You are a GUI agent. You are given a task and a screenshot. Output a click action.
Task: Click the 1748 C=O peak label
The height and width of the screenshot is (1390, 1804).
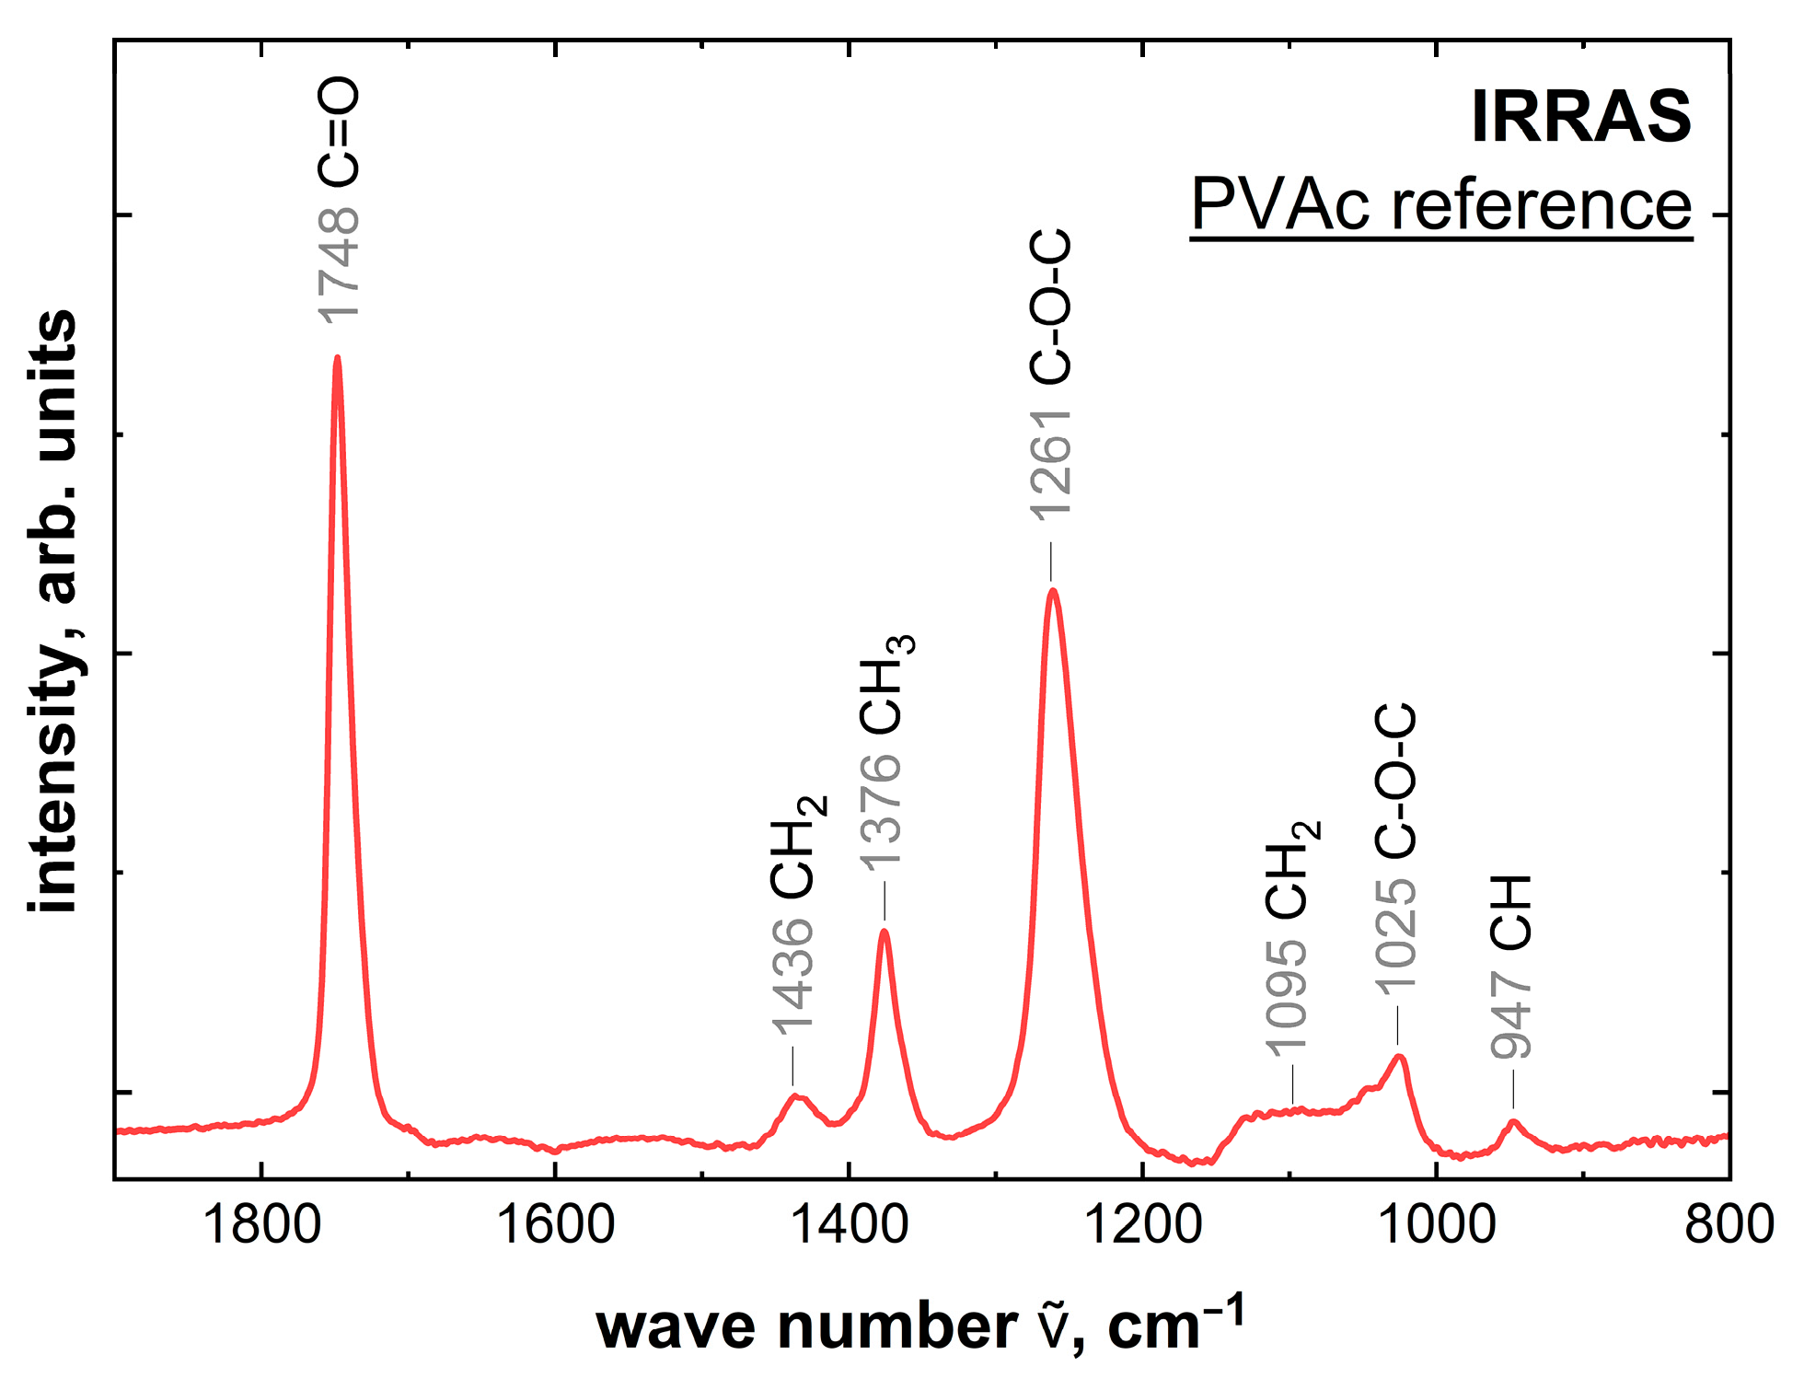point(338,201)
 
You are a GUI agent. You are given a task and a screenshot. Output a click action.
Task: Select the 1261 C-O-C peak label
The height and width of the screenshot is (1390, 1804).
point(1050,375)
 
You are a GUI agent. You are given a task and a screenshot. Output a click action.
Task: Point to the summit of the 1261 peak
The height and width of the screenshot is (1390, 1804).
point(1052,590)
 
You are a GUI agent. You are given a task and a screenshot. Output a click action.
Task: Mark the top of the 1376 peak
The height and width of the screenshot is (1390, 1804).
point(885,931)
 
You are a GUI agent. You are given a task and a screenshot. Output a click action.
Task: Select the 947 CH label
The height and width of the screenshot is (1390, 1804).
point(1511,967)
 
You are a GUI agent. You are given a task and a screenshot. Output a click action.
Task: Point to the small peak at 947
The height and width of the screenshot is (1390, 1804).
point(1512,1121)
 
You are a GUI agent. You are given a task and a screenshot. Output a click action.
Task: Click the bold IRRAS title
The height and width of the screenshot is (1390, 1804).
point(1580,117)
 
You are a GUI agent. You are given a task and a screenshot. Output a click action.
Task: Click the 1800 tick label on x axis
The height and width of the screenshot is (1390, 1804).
point(262,1225)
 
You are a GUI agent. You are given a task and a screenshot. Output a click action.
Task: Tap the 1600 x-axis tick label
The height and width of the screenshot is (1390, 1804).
point(555,1225)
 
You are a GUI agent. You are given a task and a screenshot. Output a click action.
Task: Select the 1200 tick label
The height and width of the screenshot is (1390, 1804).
point(1142,1225)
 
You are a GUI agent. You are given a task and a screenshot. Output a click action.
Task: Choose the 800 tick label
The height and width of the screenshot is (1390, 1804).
point(1729,1225)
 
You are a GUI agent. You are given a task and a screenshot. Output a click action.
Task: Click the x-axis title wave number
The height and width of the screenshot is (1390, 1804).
point(920,1326)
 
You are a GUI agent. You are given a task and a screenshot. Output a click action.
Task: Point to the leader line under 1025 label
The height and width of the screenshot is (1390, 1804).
point(1398,1027)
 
